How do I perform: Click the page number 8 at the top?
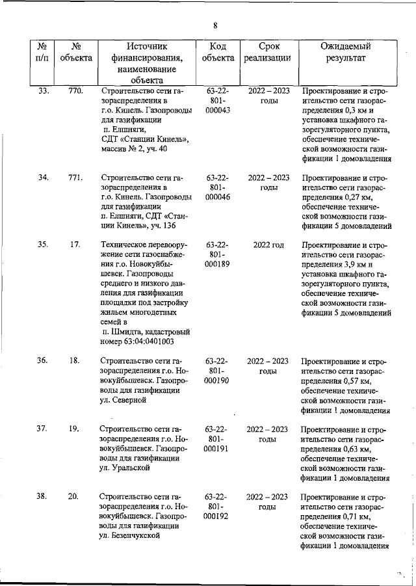point(215,25)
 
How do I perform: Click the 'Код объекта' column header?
point(218,52)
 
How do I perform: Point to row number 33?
point(43,91)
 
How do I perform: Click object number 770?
point(75,91)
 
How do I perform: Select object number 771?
point(75,177)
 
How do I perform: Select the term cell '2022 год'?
point(268,245)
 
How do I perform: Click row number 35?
point(43,245)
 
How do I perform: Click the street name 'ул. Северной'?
point(124,401)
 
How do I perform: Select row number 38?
point(43,497)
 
